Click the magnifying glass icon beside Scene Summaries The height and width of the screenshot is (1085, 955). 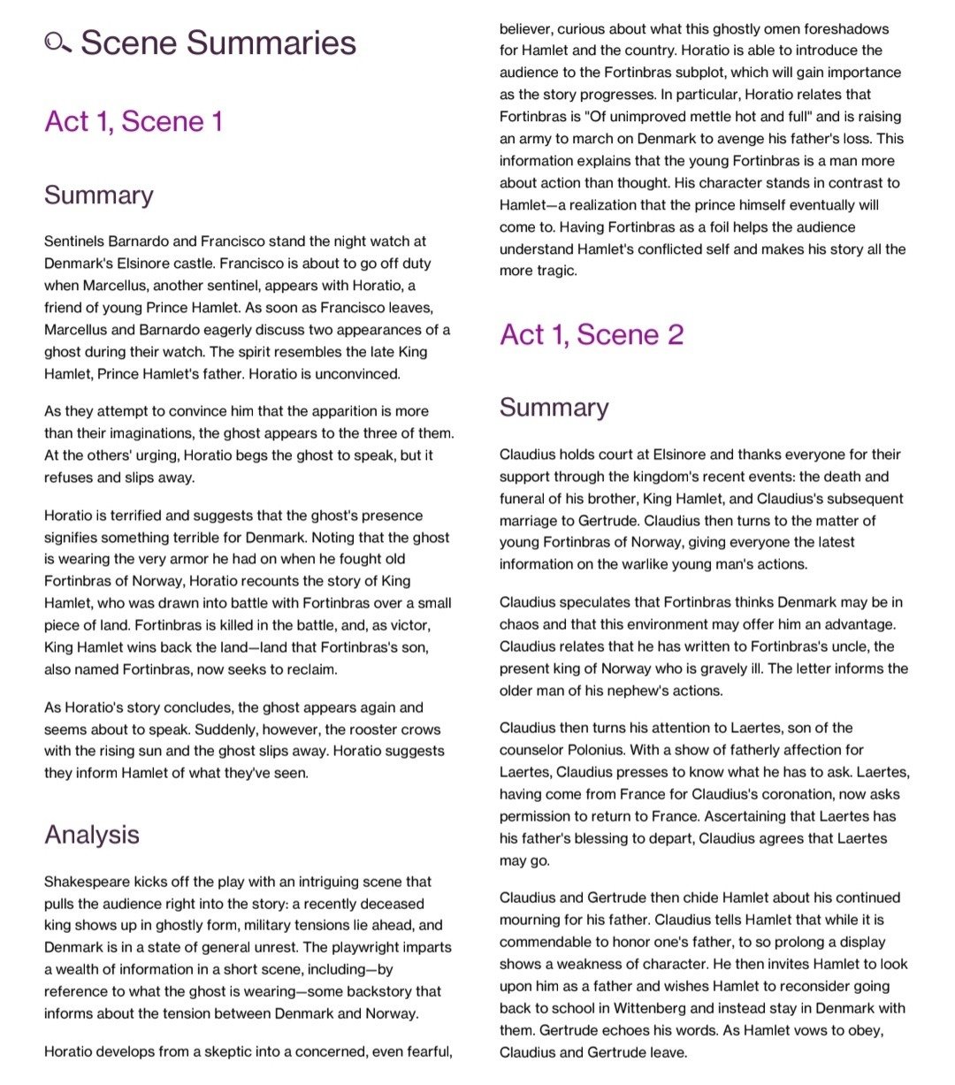(58, 42)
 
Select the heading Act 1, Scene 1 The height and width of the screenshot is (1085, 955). (134, 121)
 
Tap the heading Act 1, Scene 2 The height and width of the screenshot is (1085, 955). (592, 334)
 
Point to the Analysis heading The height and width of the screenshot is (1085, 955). (92, 834)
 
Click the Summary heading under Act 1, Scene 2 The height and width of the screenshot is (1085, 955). (554, 407)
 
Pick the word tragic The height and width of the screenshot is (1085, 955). (555, 271)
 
